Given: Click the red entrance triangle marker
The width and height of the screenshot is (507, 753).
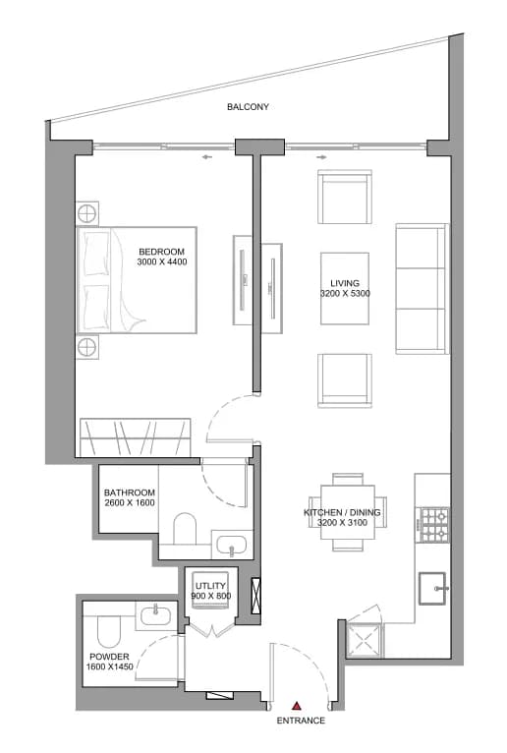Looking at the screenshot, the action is [297, 706].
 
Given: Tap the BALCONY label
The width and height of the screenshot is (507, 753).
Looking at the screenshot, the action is [248, 106].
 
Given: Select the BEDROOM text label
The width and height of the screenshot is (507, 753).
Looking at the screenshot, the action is [162, 251].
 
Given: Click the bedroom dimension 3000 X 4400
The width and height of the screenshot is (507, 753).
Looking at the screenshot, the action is [162, 261].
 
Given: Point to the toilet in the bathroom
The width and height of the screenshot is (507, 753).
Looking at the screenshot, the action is [185, 529].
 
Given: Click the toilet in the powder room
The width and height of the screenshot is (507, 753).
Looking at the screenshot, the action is [108, 631].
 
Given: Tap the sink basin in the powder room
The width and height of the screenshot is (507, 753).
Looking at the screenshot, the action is [155, 614].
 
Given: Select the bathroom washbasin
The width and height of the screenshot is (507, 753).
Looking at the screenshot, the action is [232, 545].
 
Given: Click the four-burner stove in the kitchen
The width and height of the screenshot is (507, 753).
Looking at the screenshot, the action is [434, 524].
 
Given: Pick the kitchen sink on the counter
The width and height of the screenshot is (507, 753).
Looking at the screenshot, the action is [432, 588].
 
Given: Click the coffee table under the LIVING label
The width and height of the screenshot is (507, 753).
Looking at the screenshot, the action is [345, 289].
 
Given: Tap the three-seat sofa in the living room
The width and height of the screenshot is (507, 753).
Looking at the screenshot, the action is [422, 289].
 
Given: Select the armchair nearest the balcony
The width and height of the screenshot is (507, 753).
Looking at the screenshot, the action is [345, 197].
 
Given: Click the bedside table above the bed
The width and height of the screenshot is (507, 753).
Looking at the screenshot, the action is [87, 213].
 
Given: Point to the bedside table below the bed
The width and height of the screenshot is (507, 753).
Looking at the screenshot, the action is [87, 346].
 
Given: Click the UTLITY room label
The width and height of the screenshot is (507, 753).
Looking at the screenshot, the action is [210, 586].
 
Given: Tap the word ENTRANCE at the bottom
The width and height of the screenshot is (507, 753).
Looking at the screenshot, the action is [301, 721].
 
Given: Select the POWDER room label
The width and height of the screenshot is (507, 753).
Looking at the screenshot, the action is [109, 656].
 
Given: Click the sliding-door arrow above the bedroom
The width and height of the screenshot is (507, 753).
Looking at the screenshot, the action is [206, 157].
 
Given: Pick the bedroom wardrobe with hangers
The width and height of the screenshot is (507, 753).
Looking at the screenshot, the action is [135, 437].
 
